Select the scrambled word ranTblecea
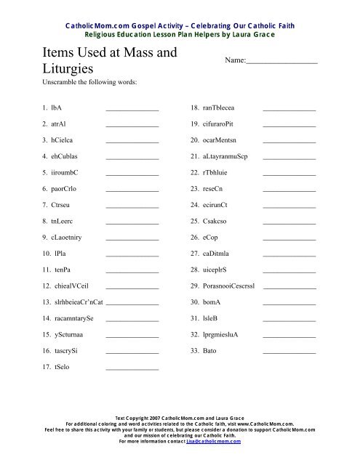(x=224, y=108)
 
